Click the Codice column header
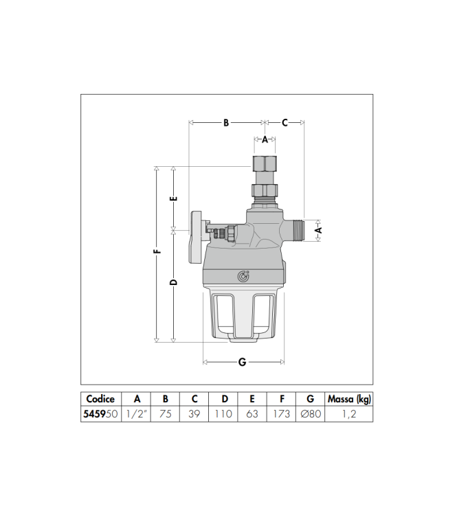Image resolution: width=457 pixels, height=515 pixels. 101,399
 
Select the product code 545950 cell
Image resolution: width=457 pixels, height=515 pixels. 101,414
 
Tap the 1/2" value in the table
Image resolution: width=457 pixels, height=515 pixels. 137,414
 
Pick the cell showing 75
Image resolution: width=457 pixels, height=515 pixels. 166,414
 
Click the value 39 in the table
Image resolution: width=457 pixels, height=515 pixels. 194,414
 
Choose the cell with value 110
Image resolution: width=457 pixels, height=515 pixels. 224,414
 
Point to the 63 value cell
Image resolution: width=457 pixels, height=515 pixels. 252,414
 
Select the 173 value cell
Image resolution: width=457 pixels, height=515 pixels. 282,414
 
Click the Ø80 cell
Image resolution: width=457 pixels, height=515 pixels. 311,414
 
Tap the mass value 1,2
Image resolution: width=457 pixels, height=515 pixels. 350,414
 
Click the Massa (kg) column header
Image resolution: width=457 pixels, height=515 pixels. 350,399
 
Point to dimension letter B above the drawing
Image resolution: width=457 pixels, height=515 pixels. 225,123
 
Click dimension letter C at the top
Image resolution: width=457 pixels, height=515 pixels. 285,123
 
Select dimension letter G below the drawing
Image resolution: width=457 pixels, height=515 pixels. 242,362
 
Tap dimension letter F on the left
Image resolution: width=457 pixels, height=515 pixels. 157,252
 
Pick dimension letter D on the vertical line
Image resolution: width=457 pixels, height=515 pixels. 174,282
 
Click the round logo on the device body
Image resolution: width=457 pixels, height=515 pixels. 243,276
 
